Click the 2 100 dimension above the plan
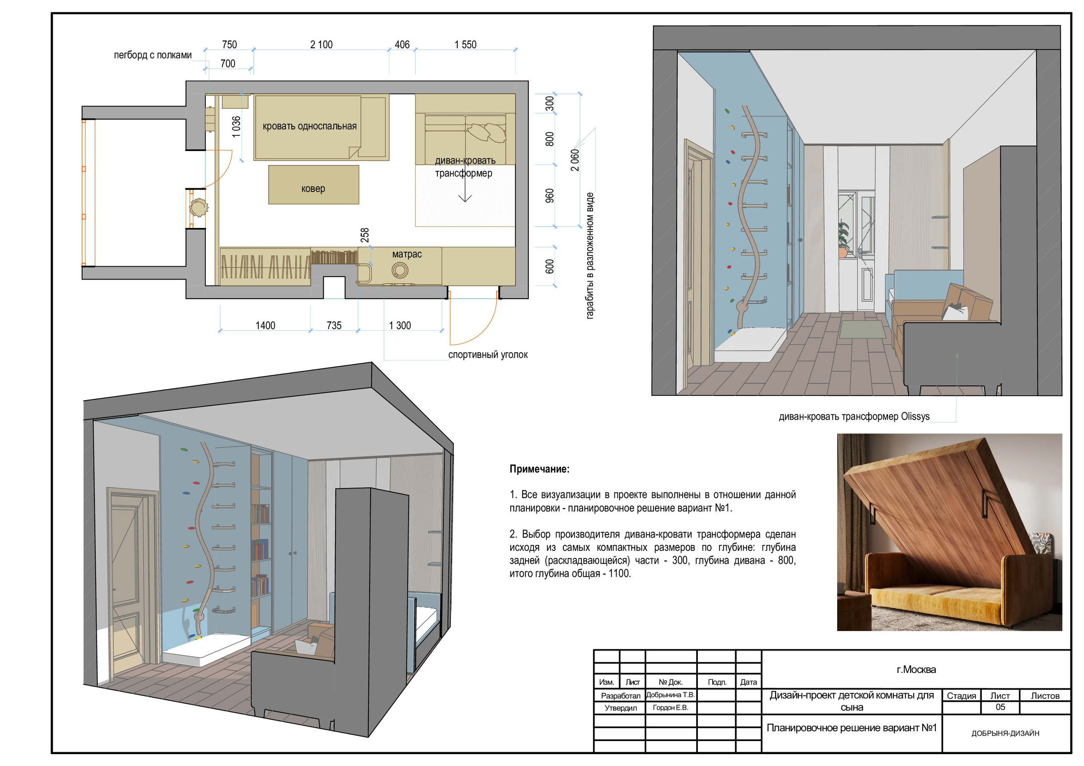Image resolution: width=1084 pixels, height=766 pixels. point(321,45)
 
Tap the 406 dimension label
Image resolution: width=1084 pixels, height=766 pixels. point(402,45)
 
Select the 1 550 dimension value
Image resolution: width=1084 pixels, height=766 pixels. point(465,45)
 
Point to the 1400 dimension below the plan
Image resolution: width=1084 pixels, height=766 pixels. point(265,325)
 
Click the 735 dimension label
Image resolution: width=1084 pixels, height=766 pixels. point(334,325)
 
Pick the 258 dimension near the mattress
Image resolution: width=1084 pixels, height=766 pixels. point(365,235)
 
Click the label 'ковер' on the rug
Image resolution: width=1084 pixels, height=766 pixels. point(313,189)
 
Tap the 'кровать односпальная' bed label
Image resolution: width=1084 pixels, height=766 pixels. point(310,126)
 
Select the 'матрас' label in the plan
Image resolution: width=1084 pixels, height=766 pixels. point(407,254)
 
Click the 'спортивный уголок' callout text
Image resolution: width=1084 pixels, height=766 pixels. point(488,355)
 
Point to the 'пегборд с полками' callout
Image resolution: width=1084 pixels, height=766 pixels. point(152,55)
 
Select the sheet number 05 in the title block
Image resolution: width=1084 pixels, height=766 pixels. point(1000,707)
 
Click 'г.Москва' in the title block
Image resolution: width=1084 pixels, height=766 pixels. point(916,670)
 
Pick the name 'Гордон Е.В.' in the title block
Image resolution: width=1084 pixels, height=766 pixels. point(670,708)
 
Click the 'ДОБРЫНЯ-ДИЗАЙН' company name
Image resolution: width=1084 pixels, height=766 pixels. point(1005,733)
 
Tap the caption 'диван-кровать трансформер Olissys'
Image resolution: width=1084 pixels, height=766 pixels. point(854,417)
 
